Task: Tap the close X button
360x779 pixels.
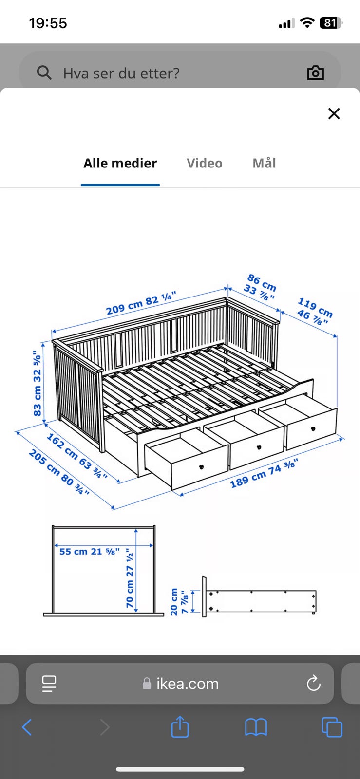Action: (334, 113)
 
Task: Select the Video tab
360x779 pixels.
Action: (205, 163)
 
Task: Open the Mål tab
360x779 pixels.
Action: (265, 163)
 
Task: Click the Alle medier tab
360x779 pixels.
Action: (120, 163)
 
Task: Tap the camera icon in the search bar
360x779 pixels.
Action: (316, 73)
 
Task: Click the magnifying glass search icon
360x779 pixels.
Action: (44, 73)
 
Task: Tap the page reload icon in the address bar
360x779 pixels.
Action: (313, 683)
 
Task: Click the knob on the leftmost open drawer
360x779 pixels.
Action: (201, 467)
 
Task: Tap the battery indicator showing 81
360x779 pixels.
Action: (331, 23)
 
